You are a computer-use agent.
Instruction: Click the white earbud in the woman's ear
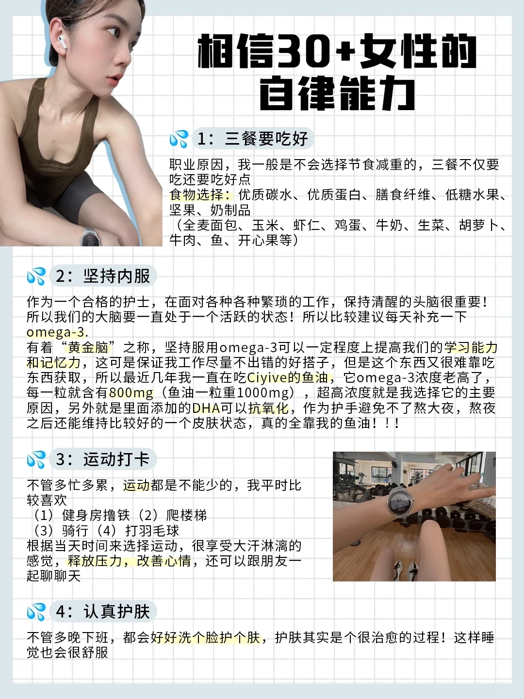pos(62,42)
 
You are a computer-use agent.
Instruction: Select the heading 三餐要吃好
pos(266,139)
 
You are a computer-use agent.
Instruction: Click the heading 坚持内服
pos(116,276)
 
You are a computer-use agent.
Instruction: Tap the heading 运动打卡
pos(116,459)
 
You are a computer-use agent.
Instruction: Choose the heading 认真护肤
pos(116,611)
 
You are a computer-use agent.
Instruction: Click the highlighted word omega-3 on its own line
pos(56,332)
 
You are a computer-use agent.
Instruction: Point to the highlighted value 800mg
pos(131,392)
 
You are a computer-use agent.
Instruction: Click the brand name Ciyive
pos(267,378)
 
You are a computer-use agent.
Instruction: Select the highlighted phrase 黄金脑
pos(88,347)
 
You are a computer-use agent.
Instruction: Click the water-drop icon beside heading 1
pos(179,139)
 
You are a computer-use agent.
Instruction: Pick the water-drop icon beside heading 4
pos(36,611)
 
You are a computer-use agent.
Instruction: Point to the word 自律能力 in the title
pos(337,94)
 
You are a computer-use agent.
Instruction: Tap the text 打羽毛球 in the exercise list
pos(152,531)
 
